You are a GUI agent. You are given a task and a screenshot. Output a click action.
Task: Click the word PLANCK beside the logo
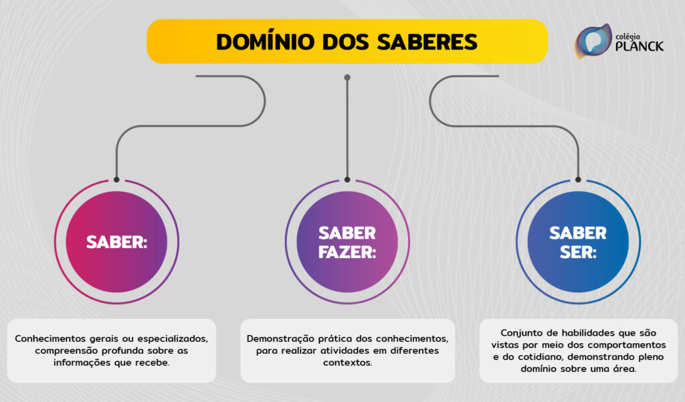640,47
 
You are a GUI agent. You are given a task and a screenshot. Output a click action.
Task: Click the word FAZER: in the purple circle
347,252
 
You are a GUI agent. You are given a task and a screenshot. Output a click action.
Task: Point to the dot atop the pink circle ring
116,179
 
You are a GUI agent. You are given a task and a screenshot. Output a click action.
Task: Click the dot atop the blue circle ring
578,179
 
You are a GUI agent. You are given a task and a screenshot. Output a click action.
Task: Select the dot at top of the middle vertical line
347,78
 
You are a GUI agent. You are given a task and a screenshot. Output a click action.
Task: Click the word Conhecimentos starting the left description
54,338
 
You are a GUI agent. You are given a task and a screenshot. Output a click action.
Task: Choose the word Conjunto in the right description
521,332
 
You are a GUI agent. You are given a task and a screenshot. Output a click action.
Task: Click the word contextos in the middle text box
347,363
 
